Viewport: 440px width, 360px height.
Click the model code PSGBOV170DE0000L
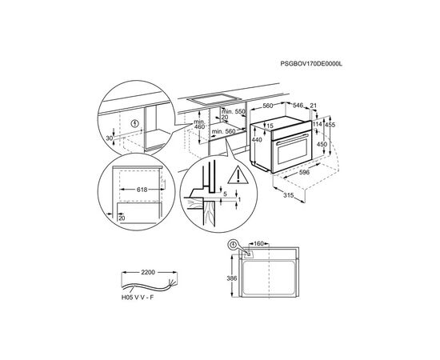[311, 64]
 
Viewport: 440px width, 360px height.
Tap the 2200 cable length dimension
[148, 272]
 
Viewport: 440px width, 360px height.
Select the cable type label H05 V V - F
[138, 298]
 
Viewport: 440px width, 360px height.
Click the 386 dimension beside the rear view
[232, 278]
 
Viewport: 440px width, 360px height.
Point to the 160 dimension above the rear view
[258, 243]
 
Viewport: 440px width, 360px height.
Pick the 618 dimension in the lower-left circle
[142, 190]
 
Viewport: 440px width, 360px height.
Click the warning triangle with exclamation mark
[238, 175]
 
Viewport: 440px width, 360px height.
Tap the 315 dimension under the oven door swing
[288, 195]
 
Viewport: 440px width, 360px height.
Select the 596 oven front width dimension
[304, 172]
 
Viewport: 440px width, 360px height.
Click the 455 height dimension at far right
[330, 125]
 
